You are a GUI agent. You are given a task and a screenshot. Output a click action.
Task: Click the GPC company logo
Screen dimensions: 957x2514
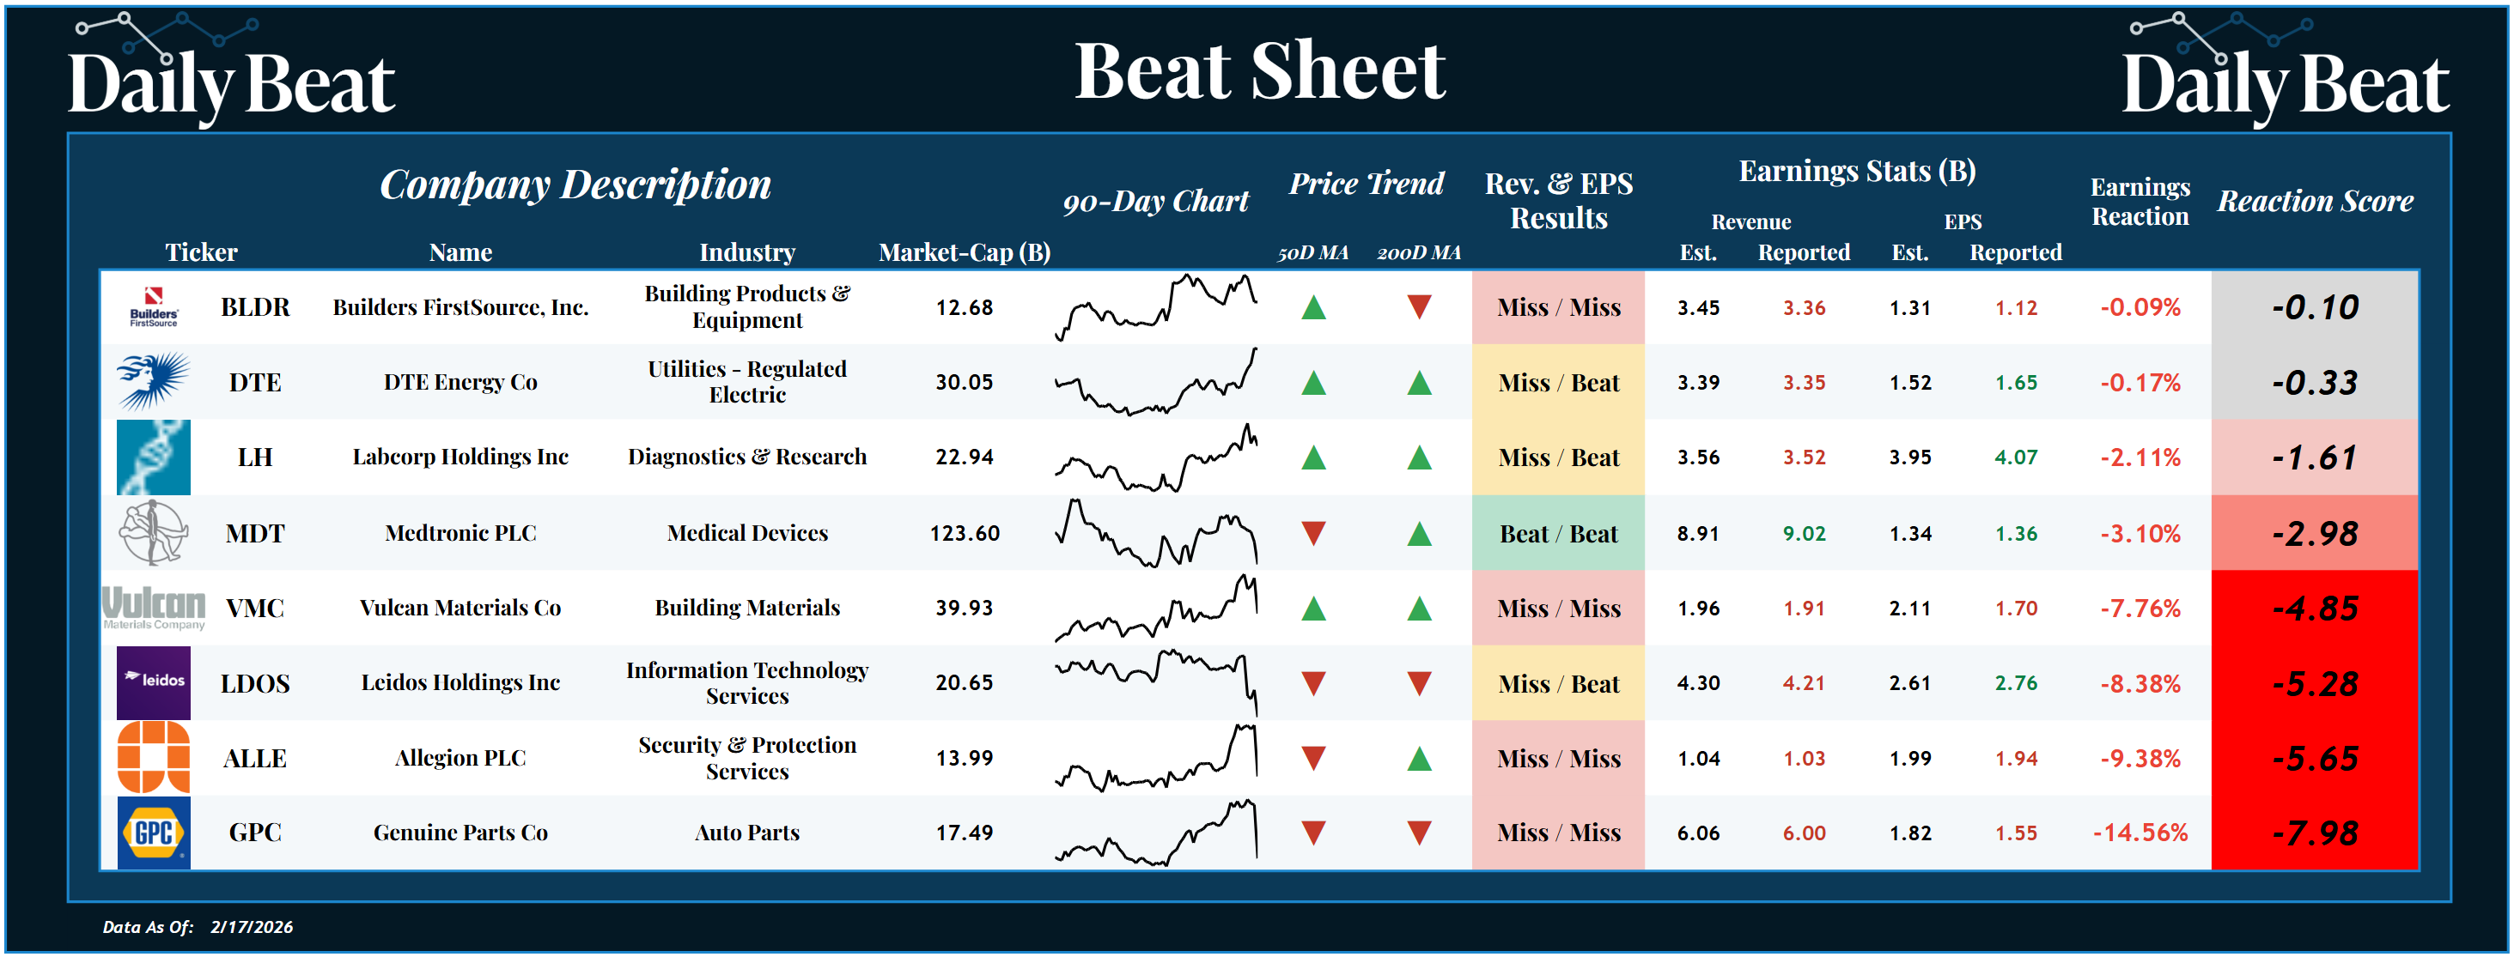(x=153, y=833)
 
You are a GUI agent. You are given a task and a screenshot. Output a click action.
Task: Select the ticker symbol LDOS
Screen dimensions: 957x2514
(x=255, y=683)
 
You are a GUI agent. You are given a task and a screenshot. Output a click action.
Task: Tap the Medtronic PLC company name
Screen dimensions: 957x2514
(x=460, y=533)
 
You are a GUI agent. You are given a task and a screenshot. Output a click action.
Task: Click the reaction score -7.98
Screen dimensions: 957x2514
(x=2314, y=833)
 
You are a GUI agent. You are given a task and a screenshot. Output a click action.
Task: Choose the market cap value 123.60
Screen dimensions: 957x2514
(x=965, y=533)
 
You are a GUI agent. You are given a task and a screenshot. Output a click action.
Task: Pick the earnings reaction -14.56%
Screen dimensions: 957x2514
(x=2140, y=833)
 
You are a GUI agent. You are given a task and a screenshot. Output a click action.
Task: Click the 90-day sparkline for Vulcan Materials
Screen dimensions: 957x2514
(x=1155, y=608)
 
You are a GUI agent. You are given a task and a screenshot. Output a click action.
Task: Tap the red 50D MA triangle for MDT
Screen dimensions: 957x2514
(x=1313, y=533)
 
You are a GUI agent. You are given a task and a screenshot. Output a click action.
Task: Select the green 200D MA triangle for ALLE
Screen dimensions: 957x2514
(x=1419, y=758)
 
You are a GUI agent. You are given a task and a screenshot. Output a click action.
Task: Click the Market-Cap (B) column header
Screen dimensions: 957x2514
(x=965, y=252)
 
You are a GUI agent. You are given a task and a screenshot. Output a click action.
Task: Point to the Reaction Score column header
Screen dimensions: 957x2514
(x=2315, y=201)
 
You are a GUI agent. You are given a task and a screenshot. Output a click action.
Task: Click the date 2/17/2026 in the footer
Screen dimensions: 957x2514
(x=251, y=927)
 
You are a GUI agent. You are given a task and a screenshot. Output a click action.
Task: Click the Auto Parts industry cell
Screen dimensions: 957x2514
(x=746, y=833)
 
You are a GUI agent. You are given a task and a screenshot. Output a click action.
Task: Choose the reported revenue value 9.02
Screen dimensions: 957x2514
(x=1804, y=534)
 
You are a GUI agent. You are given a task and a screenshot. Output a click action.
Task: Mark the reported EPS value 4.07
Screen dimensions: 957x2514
(x=2015, y=457)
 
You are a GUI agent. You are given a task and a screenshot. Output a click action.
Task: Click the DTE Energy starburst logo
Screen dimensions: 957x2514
(x=152, y=380)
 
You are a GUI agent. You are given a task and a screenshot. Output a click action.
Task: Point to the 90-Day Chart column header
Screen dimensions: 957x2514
(x=1155, y=201)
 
